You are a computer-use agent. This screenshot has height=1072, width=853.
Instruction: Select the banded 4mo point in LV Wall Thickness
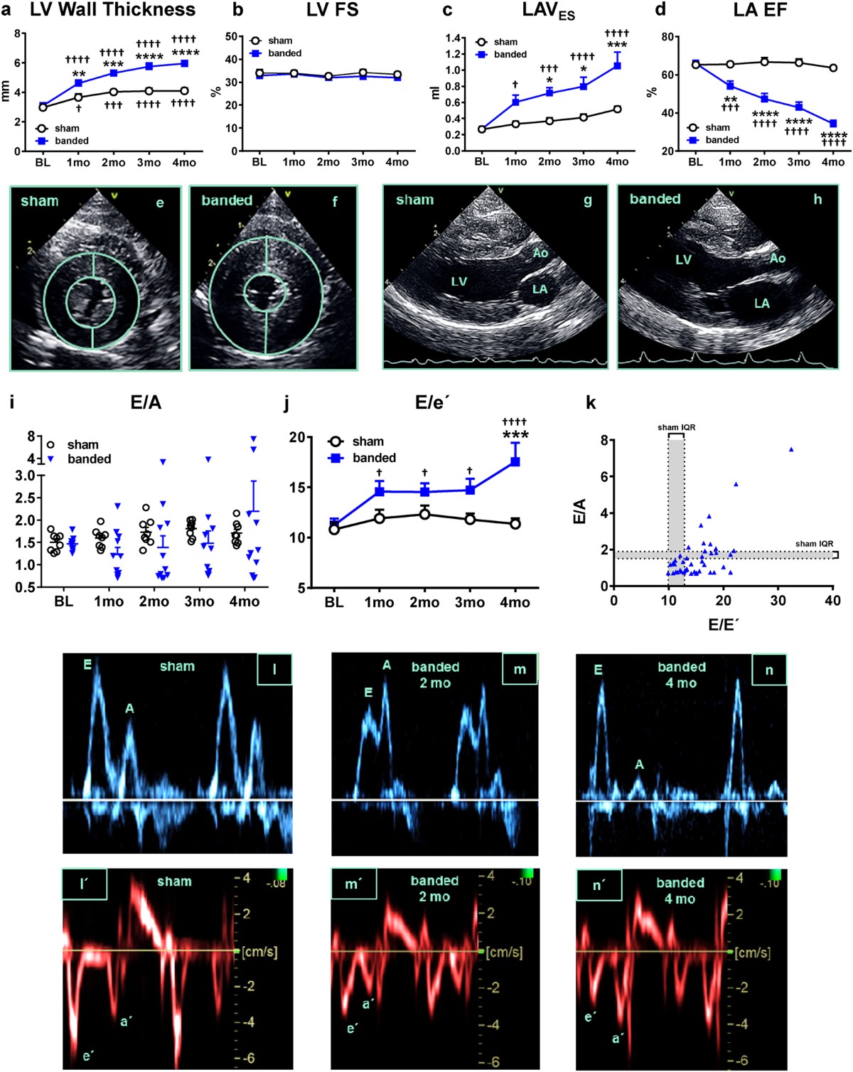click(184, 63)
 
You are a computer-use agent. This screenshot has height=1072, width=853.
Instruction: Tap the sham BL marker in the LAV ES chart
click(482, 129)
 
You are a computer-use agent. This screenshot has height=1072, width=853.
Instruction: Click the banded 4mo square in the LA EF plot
click(833, 124)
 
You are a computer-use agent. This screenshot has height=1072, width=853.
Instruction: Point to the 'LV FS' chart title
click(332, 10)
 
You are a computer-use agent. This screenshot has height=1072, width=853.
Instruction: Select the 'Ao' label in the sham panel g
click(540, 252)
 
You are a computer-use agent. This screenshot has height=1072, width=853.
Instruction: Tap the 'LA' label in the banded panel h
click(761, 304)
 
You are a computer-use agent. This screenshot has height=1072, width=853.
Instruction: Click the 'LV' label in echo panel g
click(458, 282)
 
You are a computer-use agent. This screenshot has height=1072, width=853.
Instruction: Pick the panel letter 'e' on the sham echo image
click(160, 203)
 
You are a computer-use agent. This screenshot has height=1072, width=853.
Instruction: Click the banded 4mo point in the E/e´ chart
click(515, 462)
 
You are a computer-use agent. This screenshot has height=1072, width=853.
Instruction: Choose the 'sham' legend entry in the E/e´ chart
click(368, 441)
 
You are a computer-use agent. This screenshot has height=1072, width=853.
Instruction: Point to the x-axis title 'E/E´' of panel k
click(724, 625)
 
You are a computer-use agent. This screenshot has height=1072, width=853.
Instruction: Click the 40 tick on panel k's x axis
click(832, 601)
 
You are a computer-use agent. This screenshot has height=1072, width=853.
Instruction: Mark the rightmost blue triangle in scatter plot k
click(791, 449)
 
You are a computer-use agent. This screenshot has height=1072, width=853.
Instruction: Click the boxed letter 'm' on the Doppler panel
click(520, 670)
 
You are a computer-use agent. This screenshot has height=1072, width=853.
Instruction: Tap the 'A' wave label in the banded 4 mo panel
click(639, 764)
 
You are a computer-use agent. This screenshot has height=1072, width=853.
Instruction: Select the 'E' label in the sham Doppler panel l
click(87, 665)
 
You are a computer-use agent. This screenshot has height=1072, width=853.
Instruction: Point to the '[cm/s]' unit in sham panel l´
click(259, 951)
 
